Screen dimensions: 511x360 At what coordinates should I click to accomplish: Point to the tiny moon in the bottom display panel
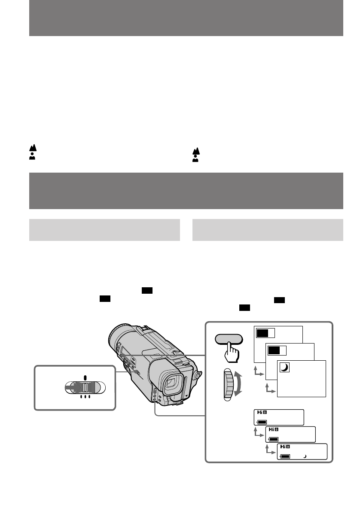304,456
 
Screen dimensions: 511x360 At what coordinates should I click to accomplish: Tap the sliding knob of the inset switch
85,388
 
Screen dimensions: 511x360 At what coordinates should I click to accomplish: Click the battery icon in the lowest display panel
284,456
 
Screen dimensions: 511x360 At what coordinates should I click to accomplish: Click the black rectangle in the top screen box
262,332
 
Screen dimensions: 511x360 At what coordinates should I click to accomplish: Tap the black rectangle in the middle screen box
274,350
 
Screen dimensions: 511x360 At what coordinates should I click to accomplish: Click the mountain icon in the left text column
32,148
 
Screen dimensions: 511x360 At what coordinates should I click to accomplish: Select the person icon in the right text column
195,158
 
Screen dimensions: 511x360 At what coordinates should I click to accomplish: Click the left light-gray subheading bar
104,230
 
